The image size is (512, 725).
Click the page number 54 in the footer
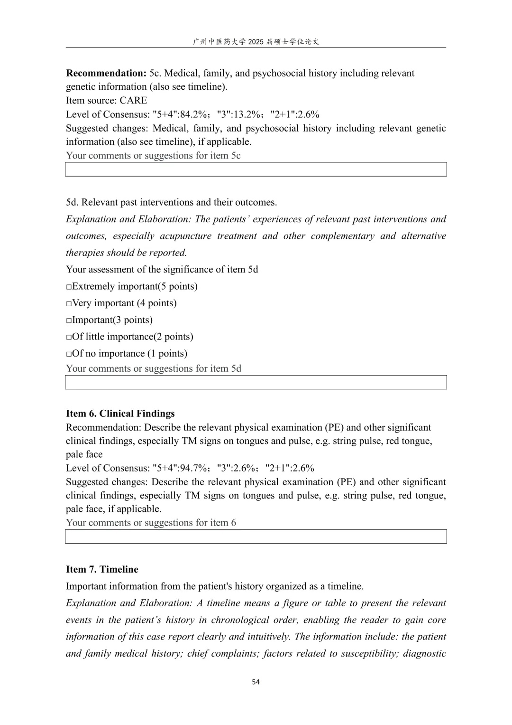pyautogui.click(x=256, y=682)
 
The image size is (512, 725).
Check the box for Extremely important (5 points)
pyautogui.click(x=69, y=287)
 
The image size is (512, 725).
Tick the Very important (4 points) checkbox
pyautogui.click(x=69, y=303)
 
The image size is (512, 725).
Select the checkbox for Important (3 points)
pyautogui.click(x=69, y=320)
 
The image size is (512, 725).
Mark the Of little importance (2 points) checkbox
pyautogui.click(x=69, y=337)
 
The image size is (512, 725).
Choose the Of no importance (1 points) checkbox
pyautogui.click(x=69, y=354)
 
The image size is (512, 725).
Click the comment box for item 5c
pyautogui.click(x=256, y=169)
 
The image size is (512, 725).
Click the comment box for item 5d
pyautogui.click(x=256, y=382)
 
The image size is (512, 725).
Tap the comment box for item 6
pyautogui.click(x=256, y=537)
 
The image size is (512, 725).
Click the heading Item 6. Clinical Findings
pyautogui.click(x=120, y=414)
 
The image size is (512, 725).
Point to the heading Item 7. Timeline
pyautogui.click(x=102, y=569)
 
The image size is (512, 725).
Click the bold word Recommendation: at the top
pyautogui.click(x=106, y=73)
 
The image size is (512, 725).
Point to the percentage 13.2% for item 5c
pyautogui.click(x=246, y=114)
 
